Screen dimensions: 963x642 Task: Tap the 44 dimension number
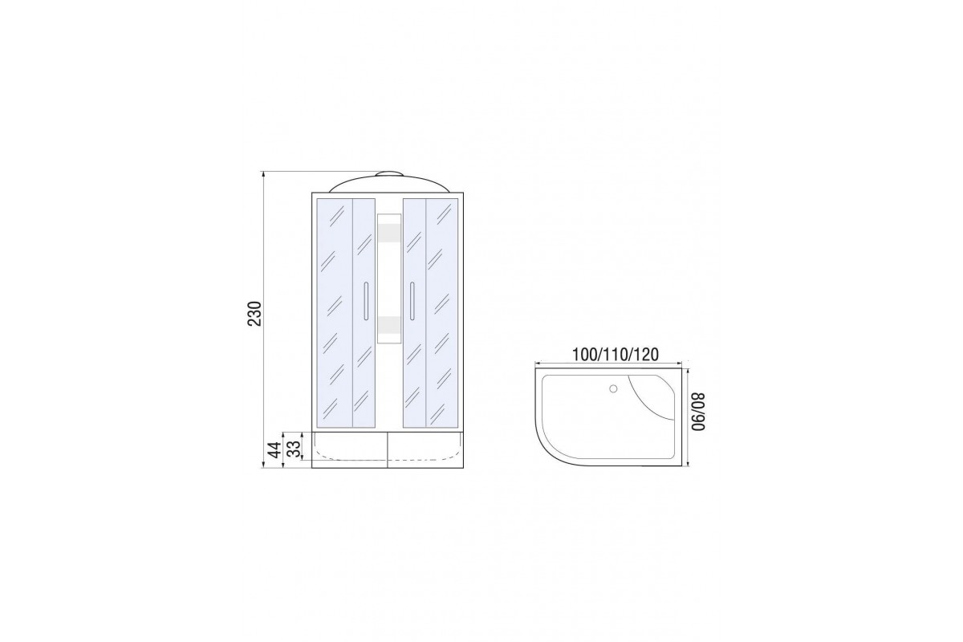(x=275, y=449)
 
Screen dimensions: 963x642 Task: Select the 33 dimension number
(x=293, y=449)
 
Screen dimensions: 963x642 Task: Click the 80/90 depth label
(x=699, y=412)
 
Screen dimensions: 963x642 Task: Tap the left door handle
(x=366, y=301)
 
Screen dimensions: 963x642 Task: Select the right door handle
(x=412, y=301)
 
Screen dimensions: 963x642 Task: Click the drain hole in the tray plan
(x=613, y=388)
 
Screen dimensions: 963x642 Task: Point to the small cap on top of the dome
(x=389, y=174)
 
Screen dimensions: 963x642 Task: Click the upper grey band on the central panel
(x=389, y=233)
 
